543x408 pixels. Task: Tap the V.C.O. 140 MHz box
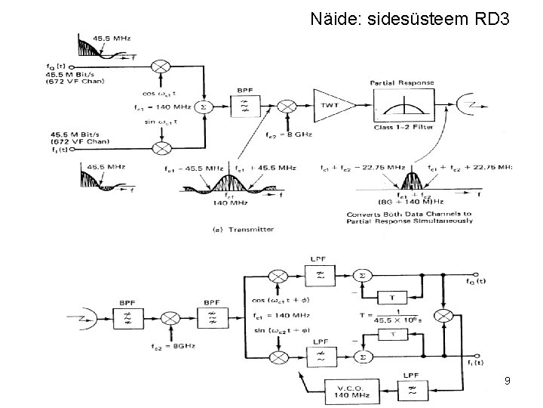tap(342, 391)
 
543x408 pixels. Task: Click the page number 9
tap(508, 382)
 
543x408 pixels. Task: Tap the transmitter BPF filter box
tap(245, 107)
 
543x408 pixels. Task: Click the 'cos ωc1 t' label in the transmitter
tap(160, 94)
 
